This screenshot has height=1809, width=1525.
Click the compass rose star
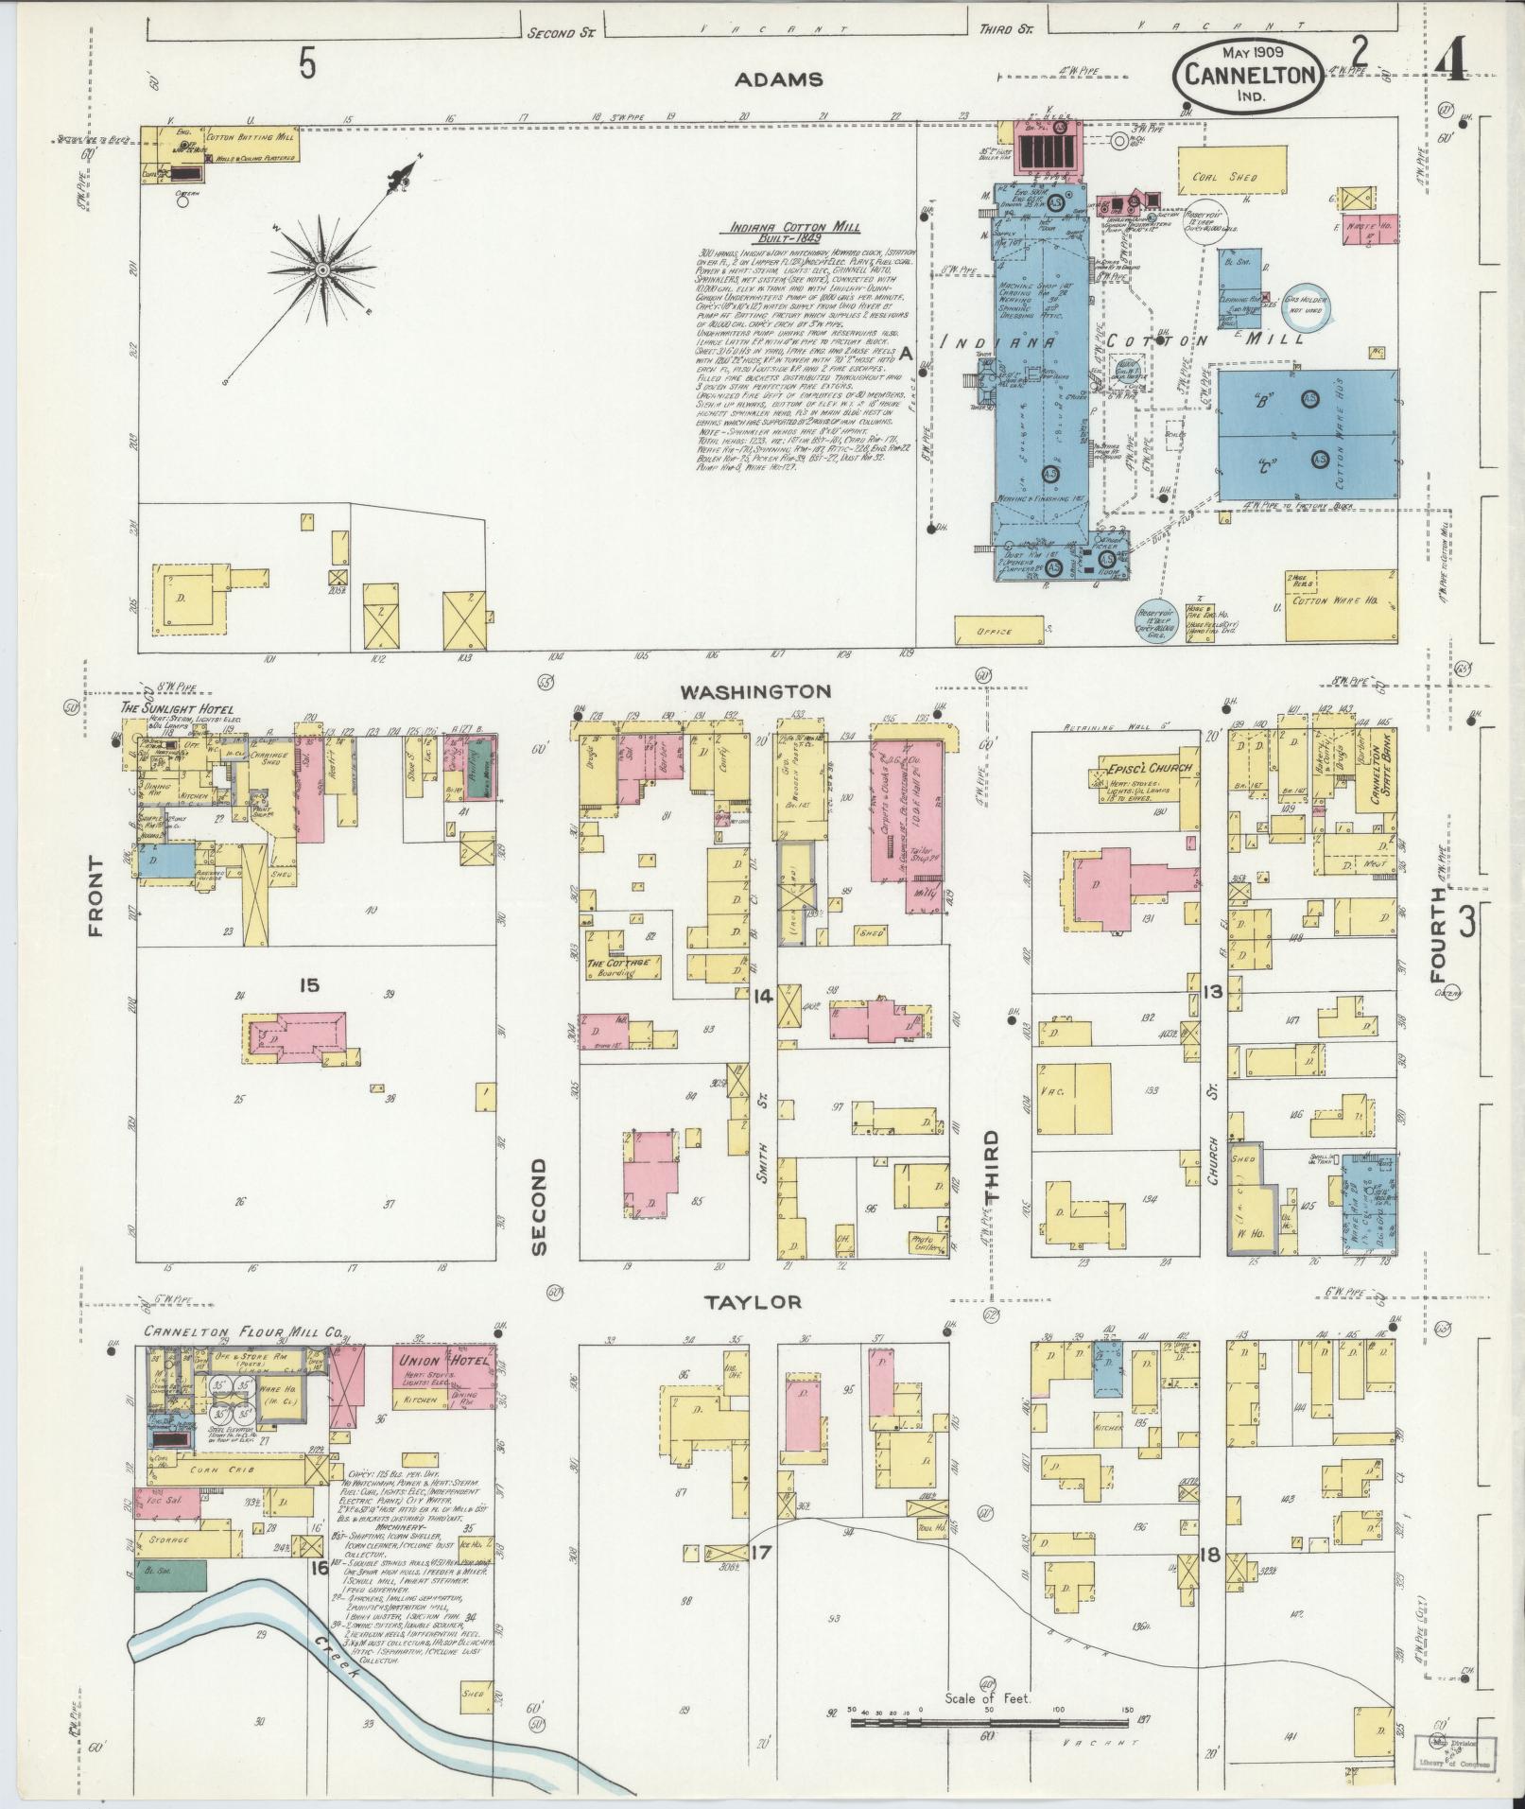[x=322, y=270]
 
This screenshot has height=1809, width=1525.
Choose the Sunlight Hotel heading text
[x=177, y=709]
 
